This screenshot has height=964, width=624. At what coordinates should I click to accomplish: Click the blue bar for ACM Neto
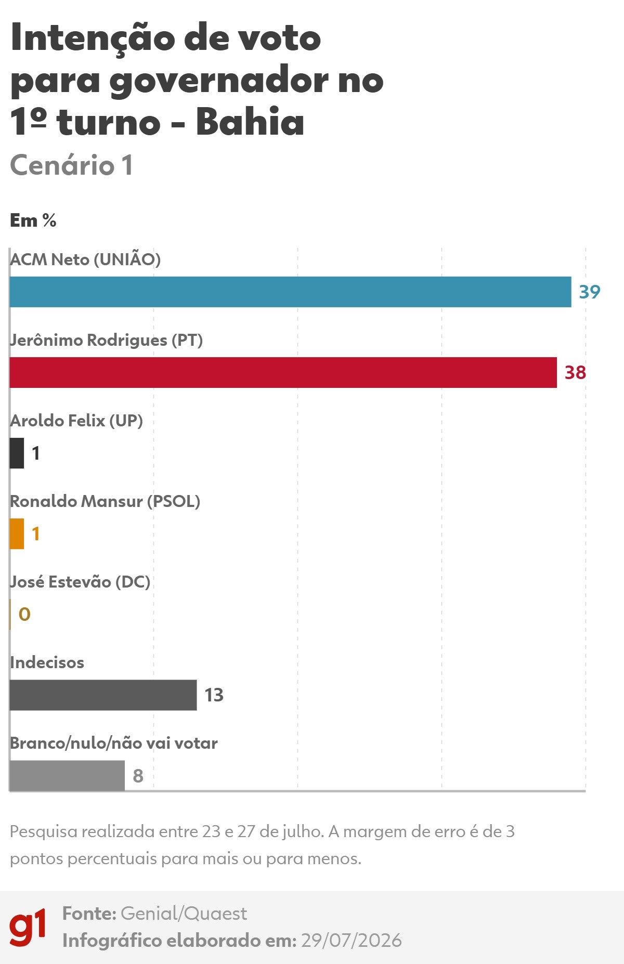point(290,292)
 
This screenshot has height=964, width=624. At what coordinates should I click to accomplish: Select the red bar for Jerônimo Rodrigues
point(283,372)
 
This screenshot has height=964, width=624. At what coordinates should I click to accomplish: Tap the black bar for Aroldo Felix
point(17,453)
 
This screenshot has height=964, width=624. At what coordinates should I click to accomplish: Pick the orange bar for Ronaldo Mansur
point(17,533)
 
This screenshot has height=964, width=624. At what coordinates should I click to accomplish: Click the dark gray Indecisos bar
point(103,695)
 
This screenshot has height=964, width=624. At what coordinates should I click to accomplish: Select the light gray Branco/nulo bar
point(67,775)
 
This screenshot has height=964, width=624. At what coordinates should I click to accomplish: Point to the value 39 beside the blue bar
point(590,292)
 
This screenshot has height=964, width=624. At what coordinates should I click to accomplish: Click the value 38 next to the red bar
point(575,372)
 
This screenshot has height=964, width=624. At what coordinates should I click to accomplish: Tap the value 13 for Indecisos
point(214,695)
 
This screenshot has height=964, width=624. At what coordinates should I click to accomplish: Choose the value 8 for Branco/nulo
point(138,776)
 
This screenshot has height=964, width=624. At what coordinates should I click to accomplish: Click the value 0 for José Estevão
point(24,614)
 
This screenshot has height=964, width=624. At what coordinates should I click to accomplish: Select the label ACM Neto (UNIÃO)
point(85,258)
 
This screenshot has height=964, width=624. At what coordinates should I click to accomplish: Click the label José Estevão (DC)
point(80,581)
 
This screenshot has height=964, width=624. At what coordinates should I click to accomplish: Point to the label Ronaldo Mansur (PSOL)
point(105,501)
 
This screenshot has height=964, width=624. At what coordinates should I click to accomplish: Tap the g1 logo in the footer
point(28,928)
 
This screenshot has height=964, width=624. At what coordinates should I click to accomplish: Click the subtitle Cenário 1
point(72,165)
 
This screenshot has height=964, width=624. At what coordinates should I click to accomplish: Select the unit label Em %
point(33,220)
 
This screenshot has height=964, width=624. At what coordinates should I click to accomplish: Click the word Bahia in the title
point(250,122)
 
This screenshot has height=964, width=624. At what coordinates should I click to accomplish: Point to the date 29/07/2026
point(352,941)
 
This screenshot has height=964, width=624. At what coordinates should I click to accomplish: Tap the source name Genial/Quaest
point(184,914)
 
